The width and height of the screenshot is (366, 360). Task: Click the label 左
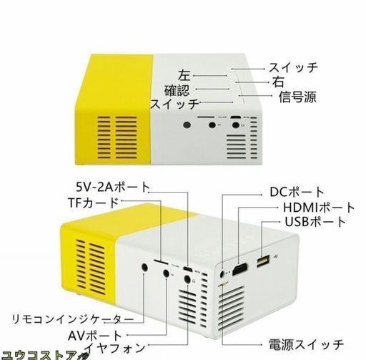click(184, 75)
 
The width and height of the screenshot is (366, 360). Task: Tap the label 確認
click(177, 90)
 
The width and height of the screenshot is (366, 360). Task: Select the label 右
click(278, 82)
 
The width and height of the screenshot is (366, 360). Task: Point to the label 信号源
click(297, 97)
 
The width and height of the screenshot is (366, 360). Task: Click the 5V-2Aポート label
click(113, 187)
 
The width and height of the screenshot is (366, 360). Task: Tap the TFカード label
click(94, 203)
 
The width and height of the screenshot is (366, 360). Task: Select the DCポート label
click(297, 192)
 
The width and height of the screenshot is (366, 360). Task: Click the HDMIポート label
click(319, 208)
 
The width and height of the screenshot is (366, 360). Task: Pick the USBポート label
click(315, 222)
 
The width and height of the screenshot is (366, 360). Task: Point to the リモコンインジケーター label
click(73, 319)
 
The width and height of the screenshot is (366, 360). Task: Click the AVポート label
click(95, 336)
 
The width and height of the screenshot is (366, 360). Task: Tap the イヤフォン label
click(114, 348)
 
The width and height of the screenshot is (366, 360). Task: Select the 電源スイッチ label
click(306, 344)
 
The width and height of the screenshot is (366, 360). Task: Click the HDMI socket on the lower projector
click(239, 268)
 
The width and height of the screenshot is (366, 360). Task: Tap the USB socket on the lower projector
click(263, 261)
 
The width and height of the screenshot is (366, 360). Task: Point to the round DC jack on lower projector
click(222, 273)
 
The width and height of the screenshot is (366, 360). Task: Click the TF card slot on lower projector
click(162, 262)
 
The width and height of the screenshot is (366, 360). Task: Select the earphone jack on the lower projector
click(187, 279)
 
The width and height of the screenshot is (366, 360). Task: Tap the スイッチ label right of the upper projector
click(293, 67)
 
